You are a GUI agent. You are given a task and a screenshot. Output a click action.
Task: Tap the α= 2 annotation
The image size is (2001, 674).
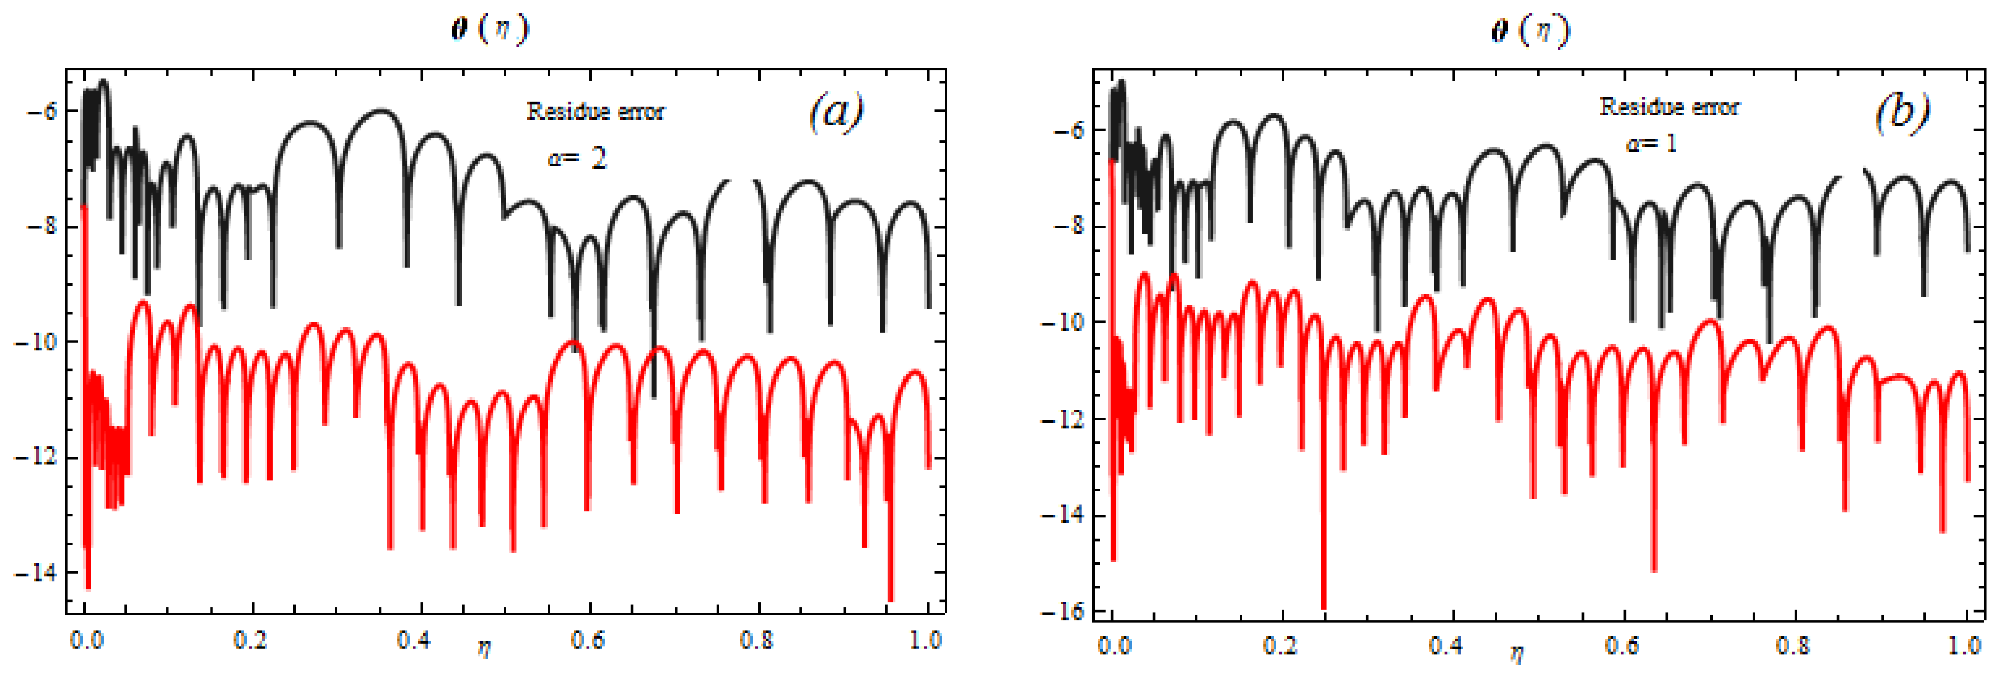[576, 158]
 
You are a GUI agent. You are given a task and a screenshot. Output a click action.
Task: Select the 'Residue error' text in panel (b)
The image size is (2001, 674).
[1669, 107]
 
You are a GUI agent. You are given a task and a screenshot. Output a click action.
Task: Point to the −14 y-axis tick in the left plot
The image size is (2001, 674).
[36, 573]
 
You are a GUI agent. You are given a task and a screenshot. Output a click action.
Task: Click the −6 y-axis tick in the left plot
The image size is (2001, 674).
[42, 112]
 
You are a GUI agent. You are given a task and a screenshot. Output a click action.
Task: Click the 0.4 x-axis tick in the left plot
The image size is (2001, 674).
[413, 640]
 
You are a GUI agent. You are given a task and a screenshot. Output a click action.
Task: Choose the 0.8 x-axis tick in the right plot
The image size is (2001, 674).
[1793, 645]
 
